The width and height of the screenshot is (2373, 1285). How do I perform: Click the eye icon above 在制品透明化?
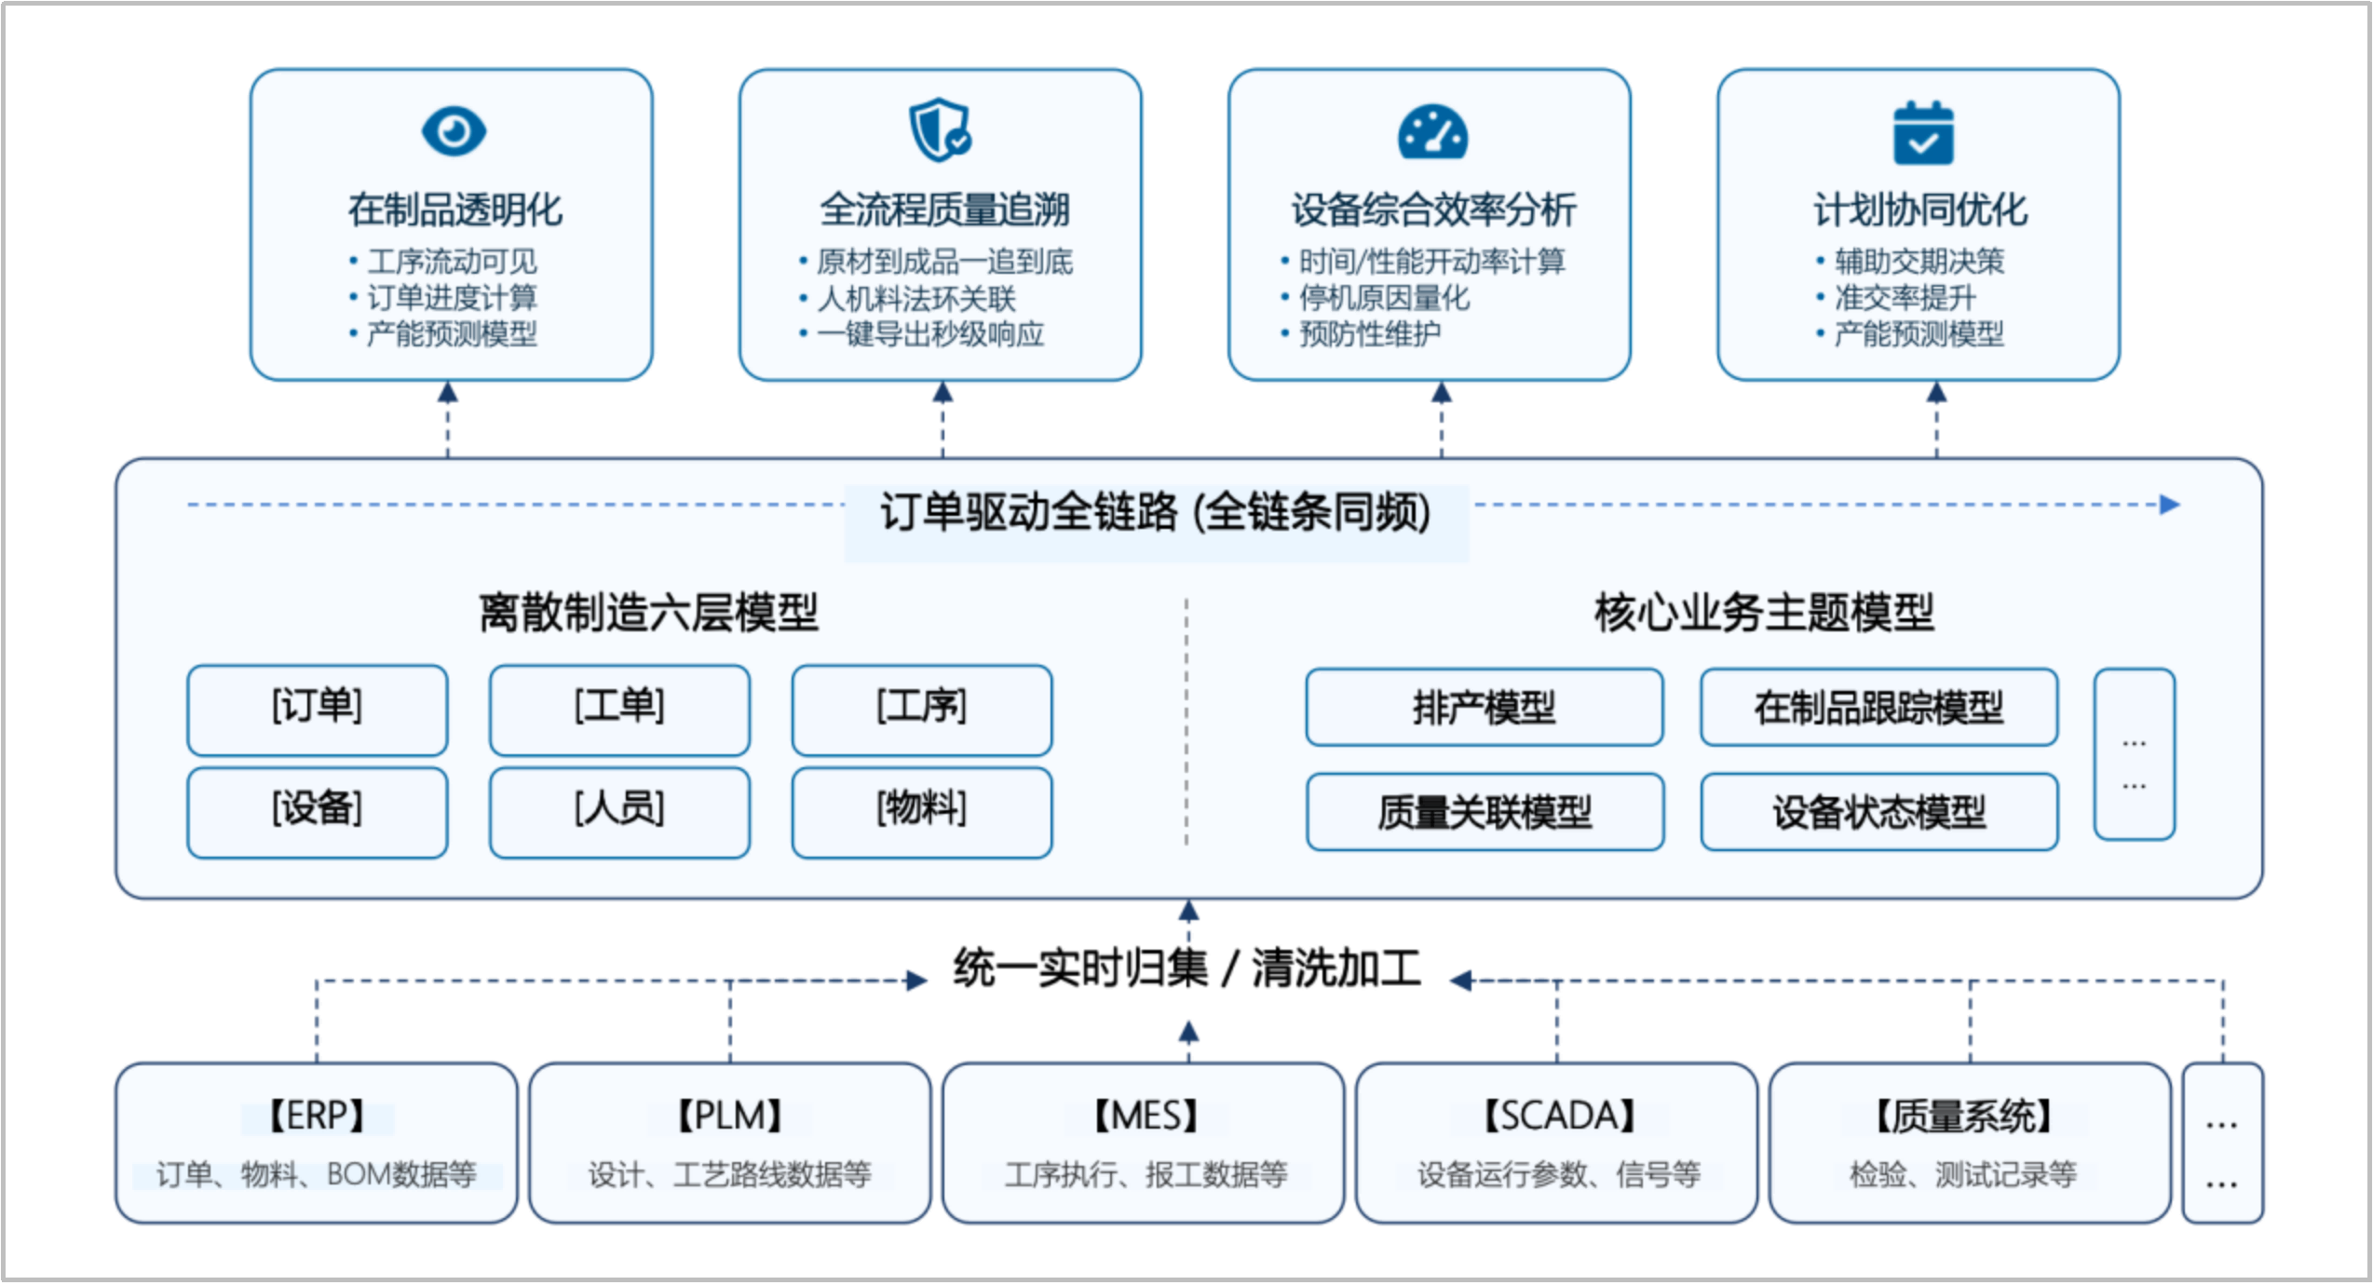pos(454,131)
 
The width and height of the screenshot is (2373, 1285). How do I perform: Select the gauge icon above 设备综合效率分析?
pos(1432,133)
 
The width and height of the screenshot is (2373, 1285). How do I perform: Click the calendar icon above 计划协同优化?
pos(1923,133)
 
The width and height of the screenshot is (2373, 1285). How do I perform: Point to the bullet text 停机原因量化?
pos(1384,298)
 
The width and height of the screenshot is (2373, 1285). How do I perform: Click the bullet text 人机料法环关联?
pos(915,298)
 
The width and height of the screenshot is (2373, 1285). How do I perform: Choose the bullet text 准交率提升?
pos(1904,298)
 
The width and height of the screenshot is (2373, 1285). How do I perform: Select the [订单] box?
pos(317,709)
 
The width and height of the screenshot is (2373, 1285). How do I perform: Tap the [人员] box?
pos(619,811)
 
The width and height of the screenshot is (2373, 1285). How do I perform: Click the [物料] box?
pos(921,811)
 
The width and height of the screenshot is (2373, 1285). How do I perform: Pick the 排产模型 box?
pos(1484,708)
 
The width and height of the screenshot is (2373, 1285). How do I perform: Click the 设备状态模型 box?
pos(1878,812)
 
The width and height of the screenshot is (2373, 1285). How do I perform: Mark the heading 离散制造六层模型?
pos(648,613)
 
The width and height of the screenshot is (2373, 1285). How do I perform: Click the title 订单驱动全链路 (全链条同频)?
pos(1155,512)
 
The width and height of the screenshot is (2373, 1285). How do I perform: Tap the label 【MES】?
pos(1145,1116)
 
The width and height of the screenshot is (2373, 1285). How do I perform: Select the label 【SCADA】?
pos(1558,1116)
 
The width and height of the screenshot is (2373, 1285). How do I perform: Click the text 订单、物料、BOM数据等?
pos(316,1174)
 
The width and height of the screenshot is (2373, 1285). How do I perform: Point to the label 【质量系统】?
pos(1962,1116)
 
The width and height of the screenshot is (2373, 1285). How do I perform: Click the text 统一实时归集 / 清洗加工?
pos(1186,968)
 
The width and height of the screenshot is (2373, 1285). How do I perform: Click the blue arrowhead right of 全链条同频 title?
pos(2169,505)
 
